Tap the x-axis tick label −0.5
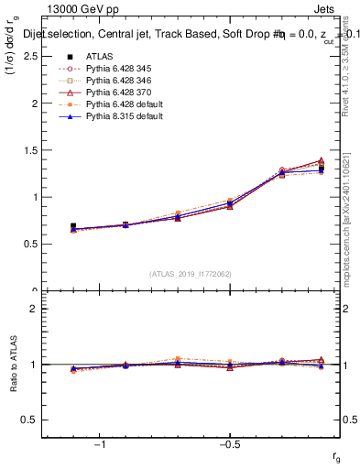pyautogui.click(x=228, y=444)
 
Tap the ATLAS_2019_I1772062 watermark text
pyautogui.click(x=190, y=273)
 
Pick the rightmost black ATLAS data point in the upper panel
pyautogui.click(x=321, y=169)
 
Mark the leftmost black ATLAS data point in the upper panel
pyautogui.click(x=73, y=225)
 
